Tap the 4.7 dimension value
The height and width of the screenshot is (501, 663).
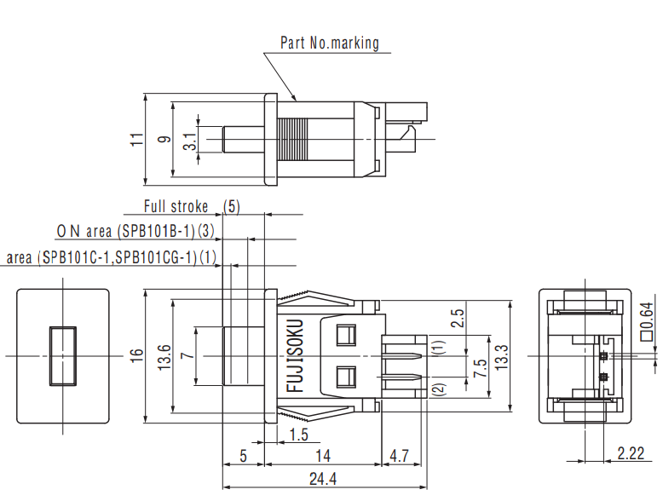(400, 456)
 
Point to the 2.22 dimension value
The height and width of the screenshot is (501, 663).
(631, 454)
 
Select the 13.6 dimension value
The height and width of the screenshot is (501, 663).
(163, 355)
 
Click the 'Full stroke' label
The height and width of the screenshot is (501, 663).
(176, 207)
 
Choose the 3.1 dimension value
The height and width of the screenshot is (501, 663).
(189, 140)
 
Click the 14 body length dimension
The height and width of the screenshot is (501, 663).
(323, 456)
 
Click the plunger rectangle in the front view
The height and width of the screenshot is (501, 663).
(62, 355)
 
